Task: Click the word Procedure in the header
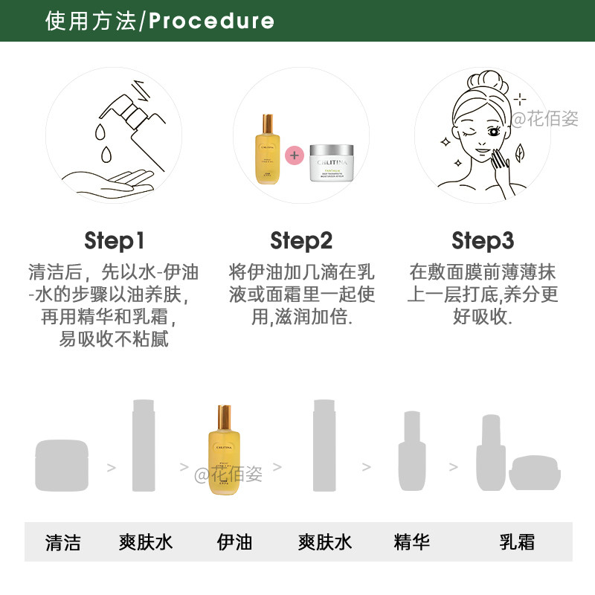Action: click(211, 21)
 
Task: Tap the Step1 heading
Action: click(115, 241)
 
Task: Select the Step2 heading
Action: click(301, 241)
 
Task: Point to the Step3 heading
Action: click(483, 241)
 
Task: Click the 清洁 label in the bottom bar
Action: click(63, 541)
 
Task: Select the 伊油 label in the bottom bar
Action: click(235, 541)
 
